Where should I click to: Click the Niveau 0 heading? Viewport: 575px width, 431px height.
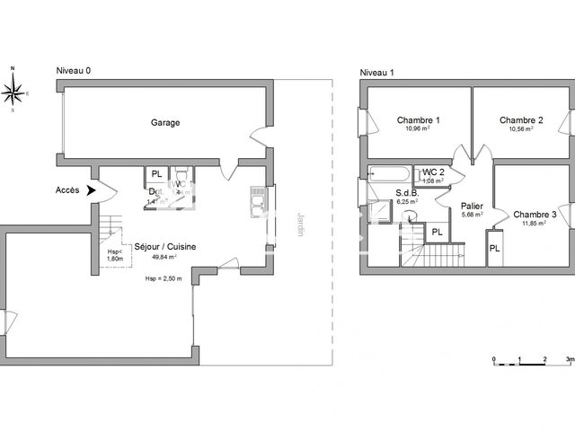point(74,72)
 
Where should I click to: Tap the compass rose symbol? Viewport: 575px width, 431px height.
point(13,90)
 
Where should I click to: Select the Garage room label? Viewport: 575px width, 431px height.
point(165,123)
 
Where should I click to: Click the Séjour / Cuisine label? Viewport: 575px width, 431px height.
point(165,247)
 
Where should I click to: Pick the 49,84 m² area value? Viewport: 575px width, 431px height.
point(163,257)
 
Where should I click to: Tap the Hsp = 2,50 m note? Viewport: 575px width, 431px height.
point(163,278)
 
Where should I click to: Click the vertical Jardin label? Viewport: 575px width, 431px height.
point(298,224)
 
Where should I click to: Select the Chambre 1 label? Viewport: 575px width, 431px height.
point(418,120)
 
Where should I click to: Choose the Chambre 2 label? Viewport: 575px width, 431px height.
point(521,120)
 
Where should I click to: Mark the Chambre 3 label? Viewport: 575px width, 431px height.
point(535,215)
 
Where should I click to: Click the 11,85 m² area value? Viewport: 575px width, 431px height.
point(535,224)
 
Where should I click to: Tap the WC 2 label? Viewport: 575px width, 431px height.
point(434,172)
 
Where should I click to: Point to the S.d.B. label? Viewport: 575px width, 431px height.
point(411,193)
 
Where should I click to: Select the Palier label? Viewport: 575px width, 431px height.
point(473,206)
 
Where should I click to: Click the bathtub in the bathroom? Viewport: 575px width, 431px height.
point(388,173)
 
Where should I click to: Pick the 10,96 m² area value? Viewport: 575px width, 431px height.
point(418,129)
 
